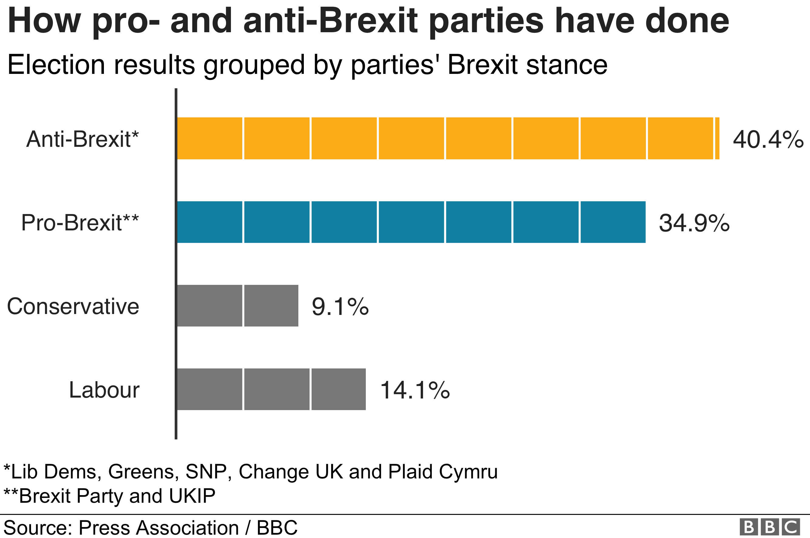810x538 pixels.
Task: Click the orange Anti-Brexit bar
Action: tap(448, 138)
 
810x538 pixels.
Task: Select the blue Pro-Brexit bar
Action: tap(411, 222)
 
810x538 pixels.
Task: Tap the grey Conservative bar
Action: tap(237, 305)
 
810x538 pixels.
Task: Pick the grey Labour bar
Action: tap(271, 389)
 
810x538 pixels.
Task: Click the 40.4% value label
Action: tap(767, 139)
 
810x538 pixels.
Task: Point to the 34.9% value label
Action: tap(694, 223)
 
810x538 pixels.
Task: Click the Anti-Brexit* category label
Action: tap(82, 139)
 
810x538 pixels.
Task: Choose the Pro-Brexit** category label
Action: tap(80, 223)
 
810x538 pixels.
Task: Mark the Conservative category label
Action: tap(73, 306)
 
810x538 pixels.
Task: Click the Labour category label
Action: tap(104, 390)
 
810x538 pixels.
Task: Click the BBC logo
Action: tap(769, 527)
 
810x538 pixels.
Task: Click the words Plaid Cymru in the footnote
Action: tap(443, 472)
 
